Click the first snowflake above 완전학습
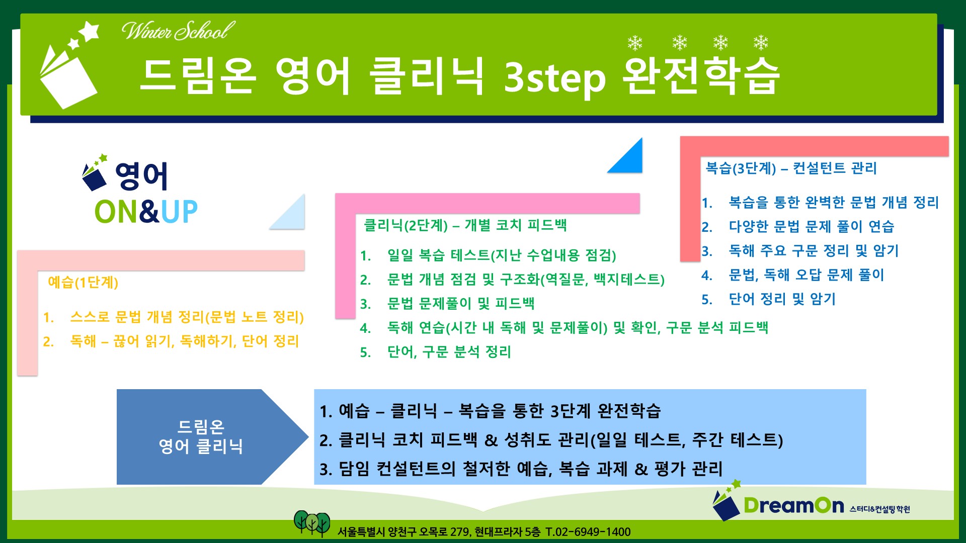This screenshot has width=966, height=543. (635, 43)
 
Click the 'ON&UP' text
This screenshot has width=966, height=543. (146, 212)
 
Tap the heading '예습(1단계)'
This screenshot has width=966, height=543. (83, 282)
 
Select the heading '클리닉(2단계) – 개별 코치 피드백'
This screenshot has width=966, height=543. (465, 225)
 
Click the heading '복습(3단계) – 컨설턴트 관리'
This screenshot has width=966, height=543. (791, 168)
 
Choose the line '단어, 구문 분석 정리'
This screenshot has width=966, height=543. (449, 352)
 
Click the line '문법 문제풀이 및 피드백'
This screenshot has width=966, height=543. (460, 304)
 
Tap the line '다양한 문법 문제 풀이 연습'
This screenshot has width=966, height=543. (811, 227)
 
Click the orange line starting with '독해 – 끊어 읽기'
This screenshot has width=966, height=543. (185, 341)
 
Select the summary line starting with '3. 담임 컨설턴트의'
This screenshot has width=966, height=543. (521, 469)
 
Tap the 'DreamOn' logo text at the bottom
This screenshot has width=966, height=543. (793, 505)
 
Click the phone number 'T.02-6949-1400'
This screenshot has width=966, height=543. (588, 532)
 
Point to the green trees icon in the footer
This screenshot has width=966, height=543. (312, 523)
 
